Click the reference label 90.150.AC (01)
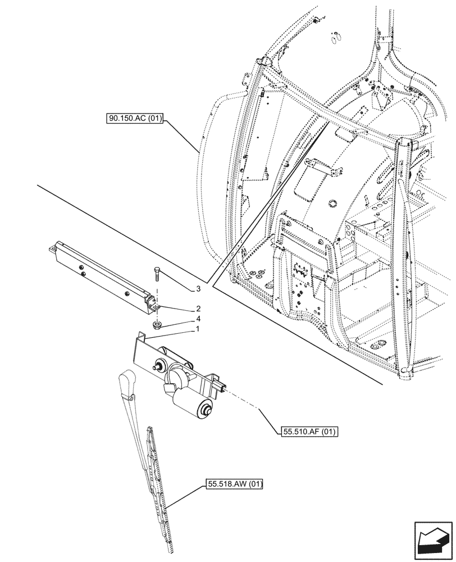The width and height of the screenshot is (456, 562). pyautogui.click(x=133, y=119)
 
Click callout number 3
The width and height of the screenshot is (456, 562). pyautogui.click(x=198, y=289)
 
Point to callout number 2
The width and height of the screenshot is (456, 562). pyautogui.click(x=198, y=309)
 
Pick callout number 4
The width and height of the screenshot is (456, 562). pyautogui.click(x=198, y=319)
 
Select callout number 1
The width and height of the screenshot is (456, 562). pyautogui.click(x=198, y=329)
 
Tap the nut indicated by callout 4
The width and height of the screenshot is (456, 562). pyautogui.click(x=156, y=324)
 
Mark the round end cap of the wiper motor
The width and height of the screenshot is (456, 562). pyautogui.click(x=205, y=410)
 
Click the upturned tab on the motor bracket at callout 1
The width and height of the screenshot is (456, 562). pyautogui.click(x=142, y=337)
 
